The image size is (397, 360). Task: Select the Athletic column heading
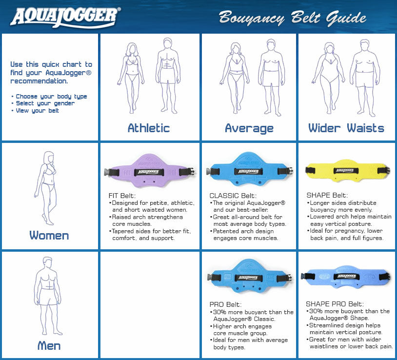pos(149,128)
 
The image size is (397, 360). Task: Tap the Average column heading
pos(249,128)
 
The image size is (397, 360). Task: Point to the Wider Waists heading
pos(346,128)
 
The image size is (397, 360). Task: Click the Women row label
pos(49,236)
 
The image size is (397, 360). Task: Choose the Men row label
pos(49,346)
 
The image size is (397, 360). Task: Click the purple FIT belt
pos(150,171)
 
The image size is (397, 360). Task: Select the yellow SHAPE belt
pos(347,171)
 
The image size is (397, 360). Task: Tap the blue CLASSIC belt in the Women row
pos(249,171)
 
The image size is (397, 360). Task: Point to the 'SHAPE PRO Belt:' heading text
pos(335,304)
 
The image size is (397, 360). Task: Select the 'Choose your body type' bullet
pos(51,97)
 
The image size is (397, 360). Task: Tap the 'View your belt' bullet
pos(37,111)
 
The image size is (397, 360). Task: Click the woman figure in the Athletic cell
pos(132,78)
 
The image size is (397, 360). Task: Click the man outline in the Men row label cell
pos(49,298)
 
